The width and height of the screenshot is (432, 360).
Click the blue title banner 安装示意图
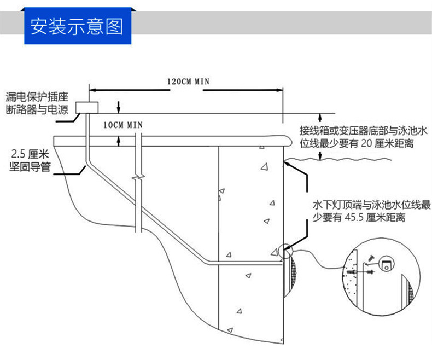pos(77,26)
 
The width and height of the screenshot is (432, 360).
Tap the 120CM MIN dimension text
pos(188,82)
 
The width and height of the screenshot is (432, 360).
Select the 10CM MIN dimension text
pos(123,125)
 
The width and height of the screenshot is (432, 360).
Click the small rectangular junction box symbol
pos(87,106)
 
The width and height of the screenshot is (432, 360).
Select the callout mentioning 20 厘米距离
pos(361,137)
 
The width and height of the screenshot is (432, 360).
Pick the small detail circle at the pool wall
pos(284,252)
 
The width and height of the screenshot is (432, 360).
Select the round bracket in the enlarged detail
pos(387,265)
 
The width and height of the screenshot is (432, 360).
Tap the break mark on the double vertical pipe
pos(139,178)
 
